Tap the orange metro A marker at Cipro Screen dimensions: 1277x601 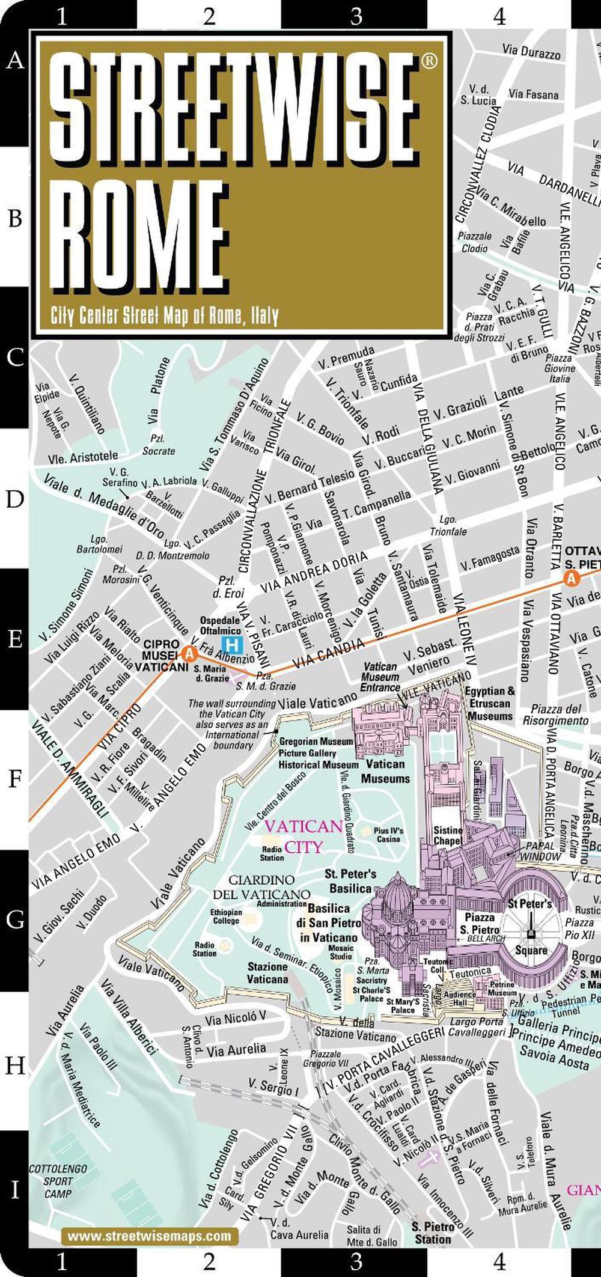pos(189,654)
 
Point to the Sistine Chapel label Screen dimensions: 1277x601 pos(448,835)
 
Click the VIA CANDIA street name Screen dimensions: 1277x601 pos(328,654)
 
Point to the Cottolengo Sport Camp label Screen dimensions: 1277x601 pos(58,1181)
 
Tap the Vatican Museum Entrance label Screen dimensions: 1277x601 pos(380,677)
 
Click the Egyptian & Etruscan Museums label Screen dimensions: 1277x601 pos(490,703)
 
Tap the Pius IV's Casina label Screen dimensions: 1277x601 pos(388,835)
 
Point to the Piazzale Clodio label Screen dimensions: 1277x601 pos(474,242)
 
